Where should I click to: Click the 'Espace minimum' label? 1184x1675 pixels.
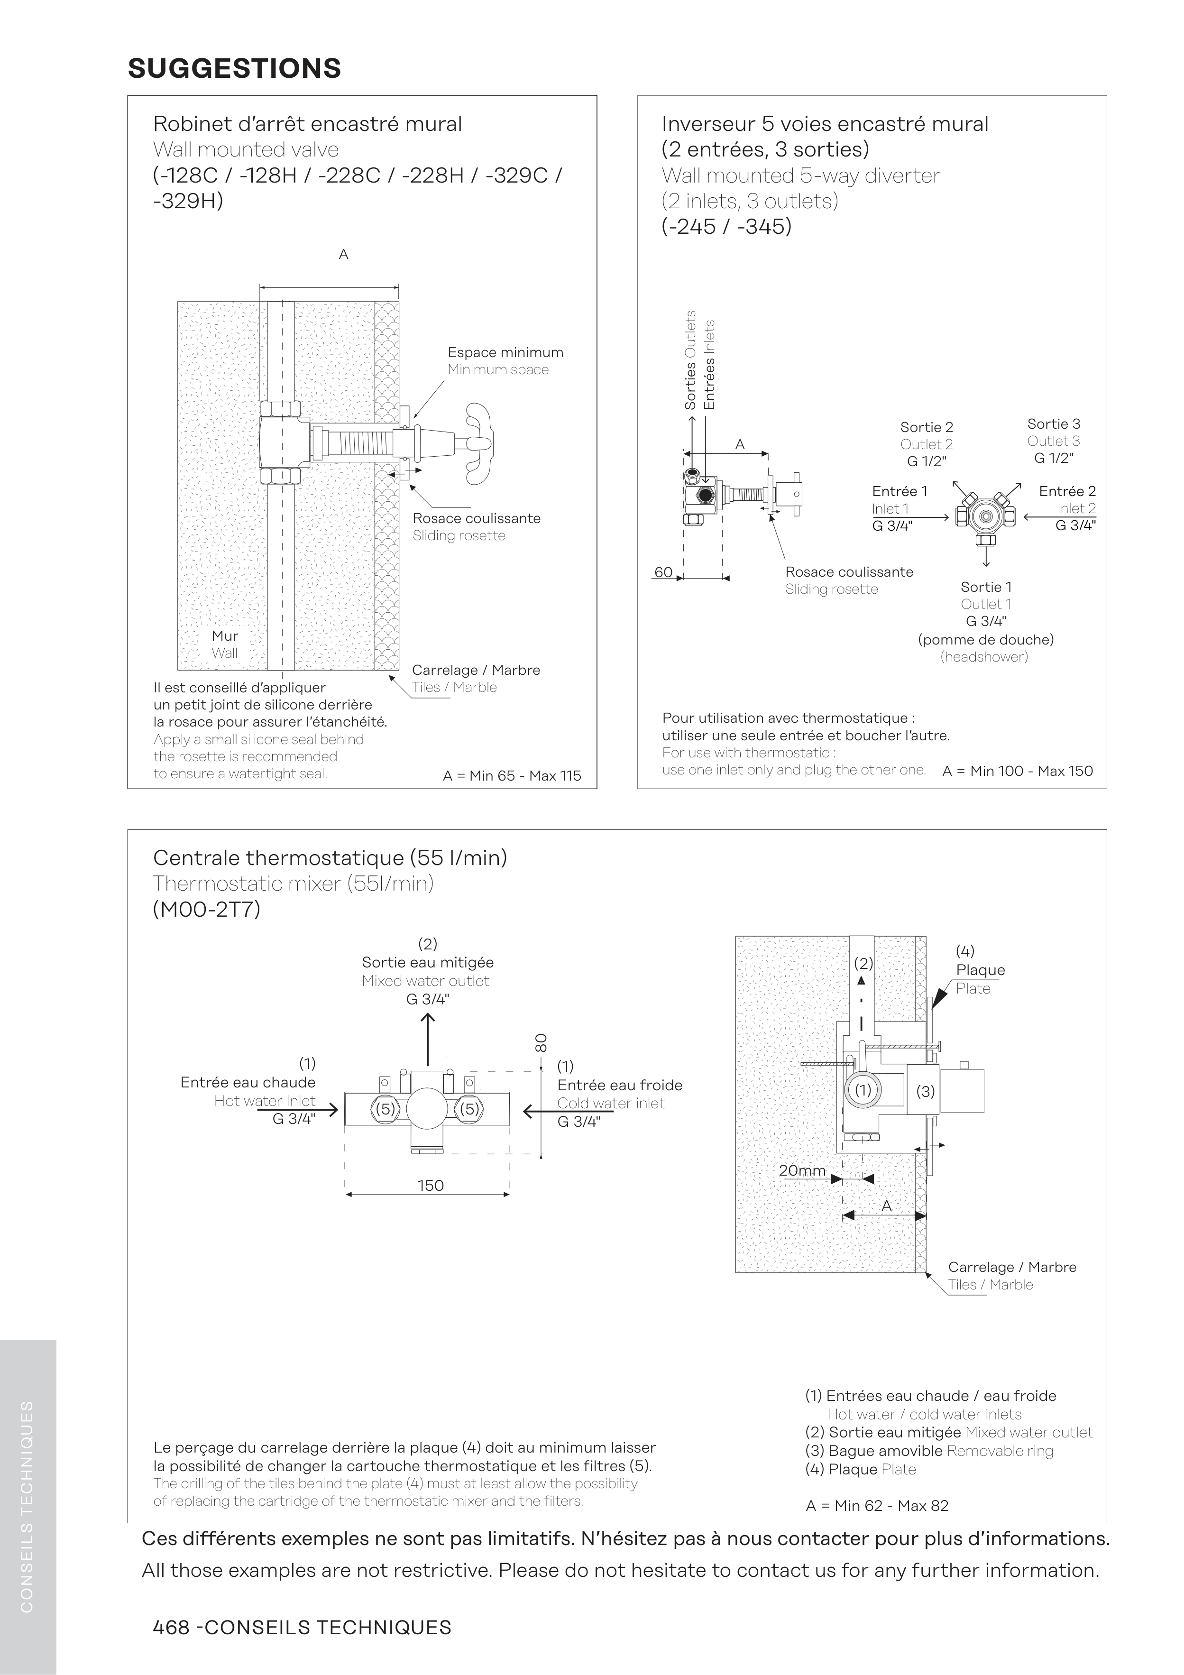click(505, 352)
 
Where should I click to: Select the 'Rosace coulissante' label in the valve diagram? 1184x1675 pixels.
click(477, 519)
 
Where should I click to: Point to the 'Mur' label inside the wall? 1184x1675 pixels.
click(225, 635)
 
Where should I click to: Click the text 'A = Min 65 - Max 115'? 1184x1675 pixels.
click(511, 775)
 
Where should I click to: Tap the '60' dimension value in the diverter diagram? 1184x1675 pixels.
click(663, 572)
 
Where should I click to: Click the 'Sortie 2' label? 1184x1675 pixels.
click(927, 427)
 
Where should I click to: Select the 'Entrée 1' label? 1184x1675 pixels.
click(899, 491)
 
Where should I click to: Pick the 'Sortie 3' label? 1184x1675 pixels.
click(1054, 424)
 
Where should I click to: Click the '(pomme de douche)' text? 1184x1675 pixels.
click(986, 640)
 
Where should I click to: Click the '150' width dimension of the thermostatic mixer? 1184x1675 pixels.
click(431, 1186)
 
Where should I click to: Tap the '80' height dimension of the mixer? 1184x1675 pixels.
click(541, 1042)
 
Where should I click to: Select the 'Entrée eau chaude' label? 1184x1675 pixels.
click(248, 1083)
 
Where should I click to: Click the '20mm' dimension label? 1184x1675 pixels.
click(802, 1171)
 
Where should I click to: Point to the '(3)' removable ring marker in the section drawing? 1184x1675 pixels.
click(925, 1091)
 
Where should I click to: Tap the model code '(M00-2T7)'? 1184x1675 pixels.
click(206, 910)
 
